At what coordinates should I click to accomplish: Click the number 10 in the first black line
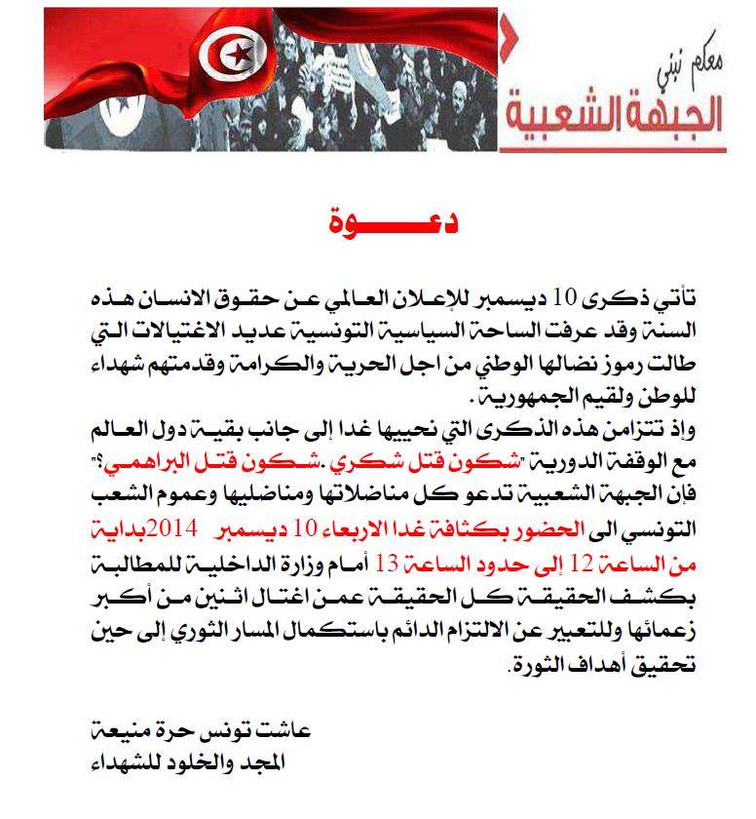click(x=565, y=295)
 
